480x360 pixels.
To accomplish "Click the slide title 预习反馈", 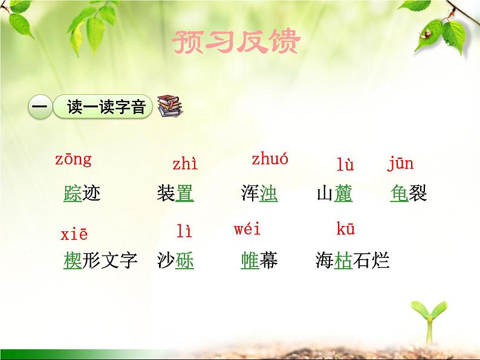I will pyautogui.click(x=236, y=43).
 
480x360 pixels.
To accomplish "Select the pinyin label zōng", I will pyautogui.click(x=73, y=159).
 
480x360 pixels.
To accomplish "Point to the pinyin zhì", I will pyautogui.click(x=184, y=164).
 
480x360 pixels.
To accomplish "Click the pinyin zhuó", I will pyautogui.click(x=270, y=159).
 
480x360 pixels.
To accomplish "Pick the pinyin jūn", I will pyautogui.click(x=400, y=163).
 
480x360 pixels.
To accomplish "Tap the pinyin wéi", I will pyautogui.click(x=247, y=229).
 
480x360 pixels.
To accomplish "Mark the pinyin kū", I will pyautogui.click(x=345, y=229).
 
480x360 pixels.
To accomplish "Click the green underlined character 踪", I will pyautogui.click(x=73, y=194).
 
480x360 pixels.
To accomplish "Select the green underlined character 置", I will pyautogui.click(x=184, y=194).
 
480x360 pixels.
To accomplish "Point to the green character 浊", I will pyautogui.click(x=268, y=194).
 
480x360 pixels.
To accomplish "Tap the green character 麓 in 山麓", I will pyautogui.click(x=343, y=194).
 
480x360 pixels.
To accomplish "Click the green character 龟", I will pyautogui.click(x=400, y=194).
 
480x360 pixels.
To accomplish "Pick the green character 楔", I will pyautogui.click(x=73, y=260).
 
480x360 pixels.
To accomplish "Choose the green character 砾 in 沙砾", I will pyautogui.click(x=184, y=260).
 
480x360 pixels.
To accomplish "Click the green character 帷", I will pyautogui.click(x=250, y=260).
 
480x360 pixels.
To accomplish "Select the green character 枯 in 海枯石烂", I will pyautogui.click(x=343, y=260).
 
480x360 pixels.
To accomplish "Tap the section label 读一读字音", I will pyautogui.click(x=106, y=108).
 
